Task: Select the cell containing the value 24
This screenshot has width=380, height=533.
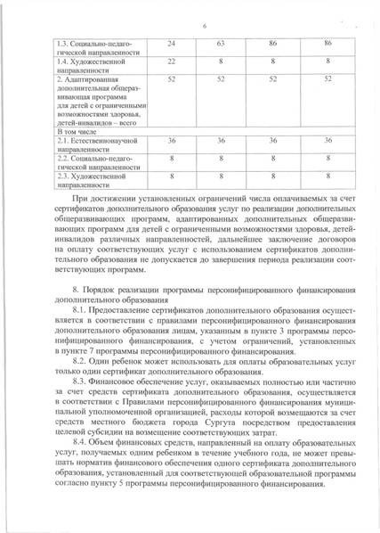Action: (x=171, y=44)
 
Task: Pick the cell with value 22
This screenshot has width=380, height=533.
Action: (x=171, y=61)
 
